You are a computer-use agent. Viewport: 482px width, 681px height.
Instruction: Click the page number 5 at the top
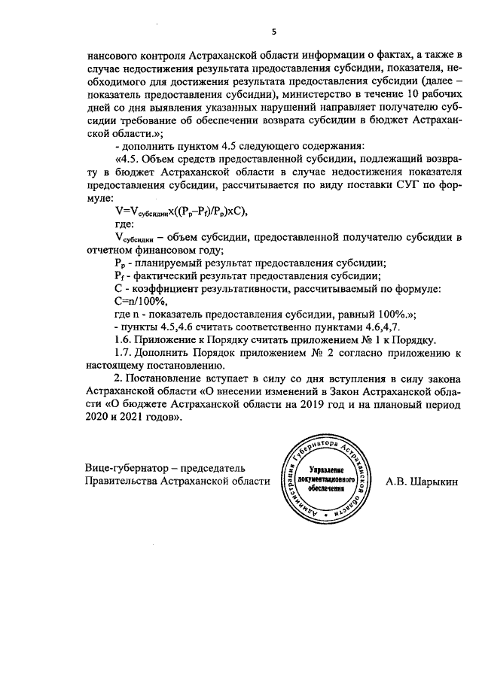point(275,31)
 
